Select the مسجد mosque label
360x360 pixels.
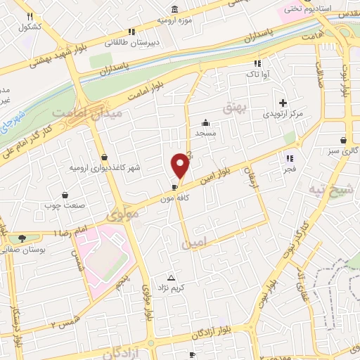click(205, 132)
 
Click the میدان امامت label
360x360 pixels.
click(98, 112)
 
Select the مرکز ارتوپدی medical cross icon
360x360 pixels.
click(283, 103)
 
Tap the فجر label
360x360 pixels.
click(290, 169)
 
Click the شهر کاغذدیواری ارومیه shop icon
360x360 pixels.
click(105, 157)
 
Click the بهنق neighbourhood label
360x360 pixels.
click(232, 108)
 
